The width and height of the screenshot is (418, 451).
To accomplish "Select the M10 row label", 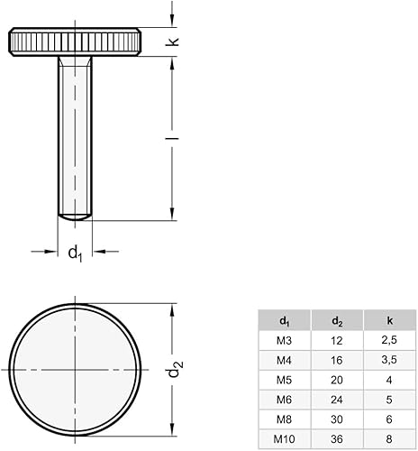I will tap(284, 438).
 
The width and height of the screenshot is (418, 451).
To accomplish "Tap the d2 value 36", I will tap(336, 438).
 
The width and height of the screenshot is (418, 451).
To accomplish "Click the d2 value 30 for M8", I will tap(336, 419).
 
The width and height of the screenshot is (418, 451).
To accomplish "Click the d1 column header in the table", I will tap(284, 319).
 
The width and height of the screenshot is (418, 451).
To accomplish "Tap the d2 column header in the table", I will tap(336, 319).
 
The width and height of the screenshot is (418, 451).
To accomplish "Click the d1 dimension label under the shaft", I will tap(75, 253).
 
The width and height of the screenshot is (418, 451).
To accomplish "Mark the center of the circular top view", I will tap(75, 370).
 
